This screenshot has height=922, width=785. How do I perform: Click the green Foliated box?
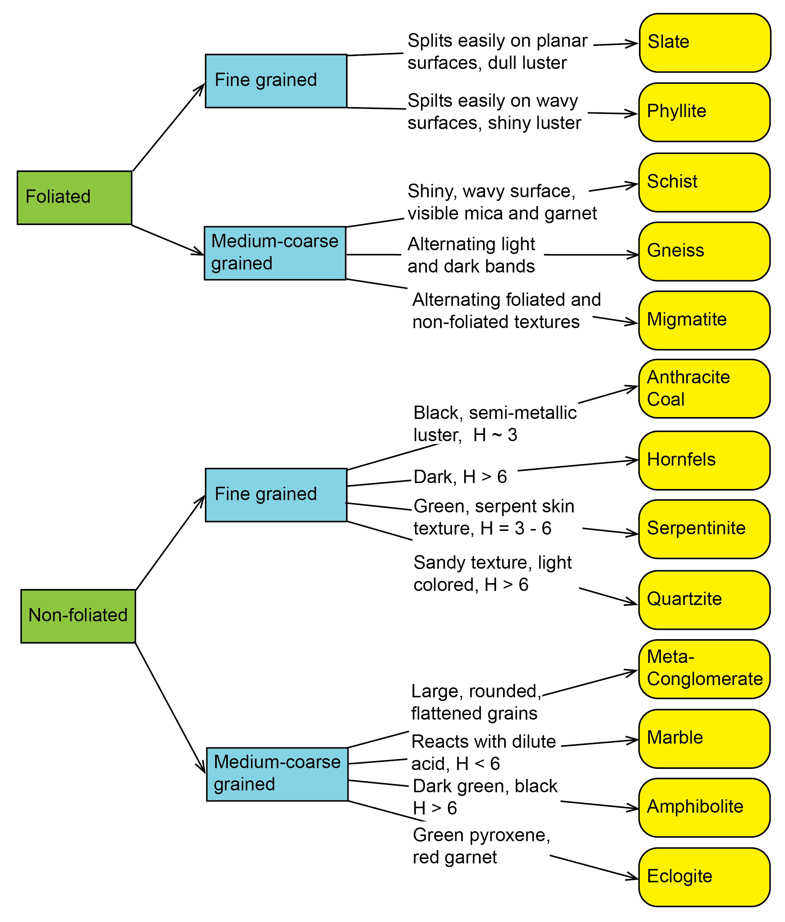coord(74,198)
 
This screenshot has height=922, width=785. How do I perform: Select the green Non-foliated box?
coord(78,616)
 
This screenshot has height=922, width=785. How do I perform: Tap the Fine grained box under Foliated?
coord(276,81)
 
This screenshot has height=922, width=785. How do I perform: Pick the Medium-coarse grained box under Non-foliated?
coord(277,774)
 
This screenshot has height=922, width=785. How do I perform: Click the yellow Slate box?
coord(705,43)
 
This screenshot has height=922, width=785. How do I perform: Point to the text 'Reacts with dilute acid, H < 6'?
coord(483,753)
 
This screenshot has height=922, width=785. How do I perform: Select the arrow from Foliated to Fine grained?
coord(169,127)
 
